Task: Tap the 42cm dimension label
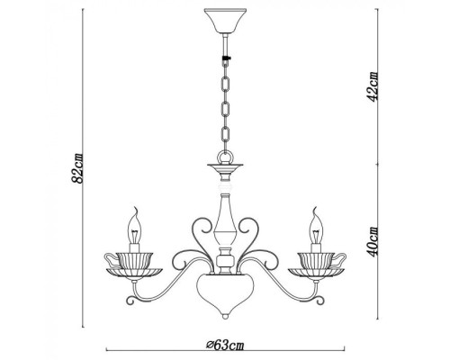(373, 85)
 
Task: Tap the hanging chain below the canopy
(224, 99)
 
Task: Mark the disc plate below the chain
(224, 168)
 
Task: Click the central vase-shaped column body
(224, 220)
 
